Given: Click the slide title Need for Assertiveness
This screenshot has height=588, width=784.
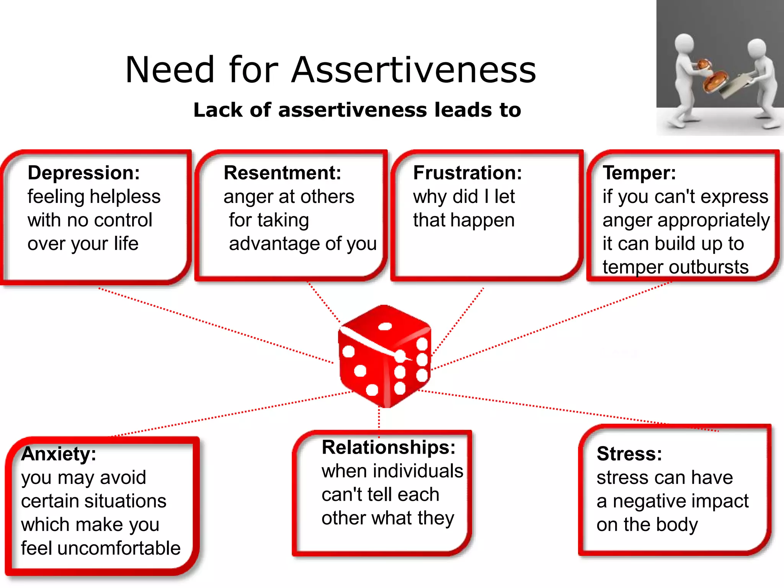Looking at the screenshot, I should (330, 70).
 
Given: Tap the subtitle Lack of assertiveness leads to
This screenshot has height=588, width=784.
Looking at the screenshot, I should (357, 110).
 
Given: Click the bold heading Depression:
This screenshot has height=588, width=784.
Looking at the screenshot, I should (84, 173).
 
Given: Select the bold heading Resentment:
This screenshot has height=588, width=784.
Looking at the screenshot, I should (282, 173).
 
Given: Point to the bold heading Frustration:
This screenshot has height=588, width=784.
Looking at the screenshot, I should (467, 173).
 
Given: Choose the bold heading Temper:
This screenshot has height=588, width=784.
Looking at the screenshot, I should (639, 173).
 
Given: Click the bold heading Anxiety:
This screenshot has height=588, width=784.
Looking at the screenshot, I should (59, 454).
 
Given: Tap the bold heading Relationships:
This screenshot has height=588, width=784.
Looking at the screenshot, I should (389, 448).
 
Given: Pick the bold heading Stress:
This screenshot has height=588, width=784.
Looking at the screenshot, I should (629, 454).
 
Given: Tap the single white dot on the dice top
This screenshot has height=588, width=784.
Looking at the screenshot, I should (385, 327).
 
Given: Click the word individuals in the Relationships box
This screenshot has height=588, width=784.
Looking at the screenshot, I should (419, 471).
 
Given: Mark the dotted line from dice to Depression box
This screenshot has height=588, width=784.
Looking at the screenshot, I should (214, 325).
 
